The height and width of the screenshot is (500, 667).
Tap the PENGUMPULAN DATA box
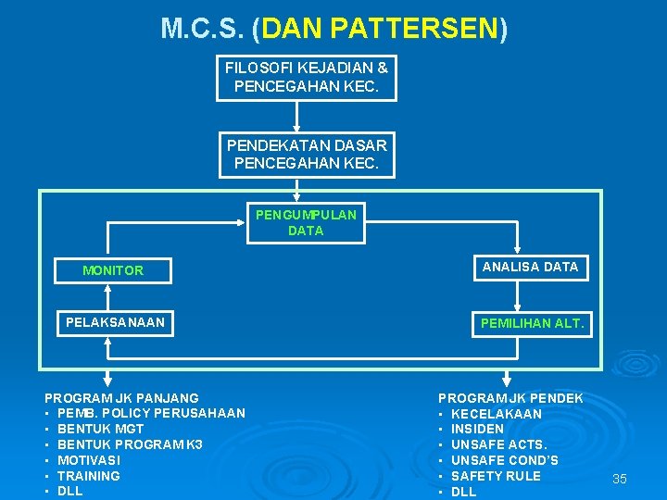click(306, 223)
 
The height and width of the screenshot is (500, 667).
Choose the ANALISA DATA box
click(530, 267)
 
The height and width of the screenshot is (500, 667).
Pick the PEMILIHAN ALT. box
click(532, 323)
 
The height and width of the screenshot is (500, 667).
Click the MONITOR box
click(113, 270)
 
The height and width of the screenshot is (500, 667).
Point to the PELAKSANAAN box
click(115, 322)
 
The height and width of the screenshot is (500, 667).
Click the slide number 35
click(620, 479)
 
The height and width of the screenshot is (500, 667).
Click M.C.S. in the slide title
click(201, 29)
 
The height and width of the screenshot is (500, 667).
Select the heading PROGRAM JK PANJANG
click(121, 397)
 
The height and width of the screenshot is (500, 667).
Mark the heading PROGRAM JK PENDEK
click(510, 397)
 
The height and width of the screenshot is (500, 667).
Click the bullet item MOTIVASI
click(89, 460)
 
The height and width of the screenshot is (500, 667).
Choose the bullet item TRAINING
click(89, 476)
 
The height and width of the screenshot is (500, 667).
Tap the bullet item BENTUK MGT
click(100, 429)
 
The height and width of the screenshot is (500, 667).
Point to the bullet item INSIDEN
click(477, 429)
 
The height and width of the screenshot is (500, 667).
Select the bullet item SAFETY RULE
click(496, 476)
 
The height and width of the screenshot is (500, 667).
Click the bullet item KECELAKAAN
click(497, 413)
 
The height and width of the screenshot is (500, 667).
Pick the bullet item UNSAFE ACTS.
click(498, 444)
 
